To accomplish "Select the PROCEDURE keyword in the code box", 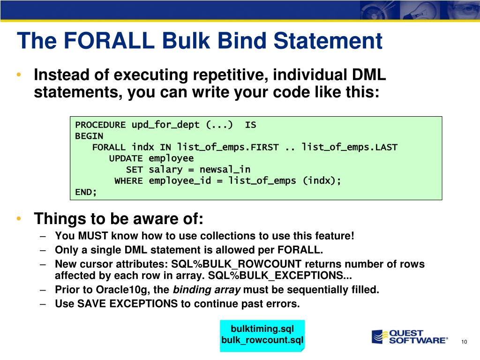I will click(x=100, y=125).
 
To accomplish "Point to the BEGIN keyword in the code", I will click(x=89, y=136).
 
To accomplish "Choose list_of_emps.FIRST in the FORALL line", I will click(x=225, y=147).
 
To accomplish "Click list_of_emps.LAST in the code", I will click(x=349, y=147).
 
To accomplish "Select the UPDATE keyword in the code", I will click(x=126, y=158).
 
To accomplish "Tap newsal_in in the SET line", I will click(x=225, y=169).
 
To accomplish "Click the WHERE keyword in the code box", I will click(x=128, y=181).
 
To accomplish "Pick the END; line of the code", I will click(x=86, y=192).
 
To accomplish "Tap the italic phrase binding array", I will click(x=207, y=290).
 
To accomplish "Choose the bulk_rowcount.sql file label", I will click(x=262, y=340).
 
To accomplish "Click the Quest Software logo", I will click(x=409, y=337).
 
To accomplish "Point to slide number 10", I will click(x=464, y=342).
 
